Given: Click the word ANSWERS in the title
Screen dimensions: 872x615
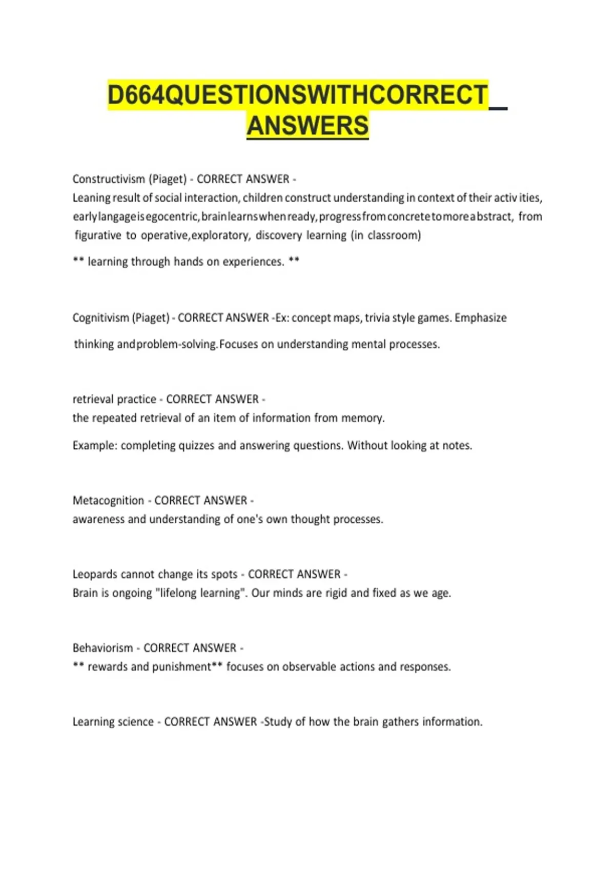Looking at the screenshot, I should [x=307, y=126].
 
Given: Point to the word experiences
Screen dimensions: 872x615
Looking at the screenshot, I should [x=253, y=262].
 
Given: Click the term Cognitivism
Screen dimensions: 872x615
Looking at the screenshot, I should [x=100, y=318].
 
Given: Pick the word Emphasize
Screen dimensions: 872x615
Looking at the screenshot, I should [x=480, y=318].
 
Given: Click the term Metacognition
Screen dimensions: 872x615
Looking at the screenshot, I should [x=108, y=500].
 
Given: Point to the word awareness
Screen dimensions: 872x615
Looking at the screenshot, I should [x=98, y=519].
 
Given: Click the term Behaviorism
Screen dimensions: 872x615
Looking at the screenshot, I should [x=102, y=648].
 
